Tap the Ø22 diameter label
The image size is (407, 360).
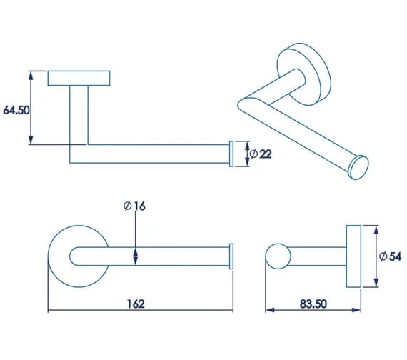pyautogui.click(x=261, y=154)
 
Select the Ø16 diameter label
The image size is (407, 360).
pyautogui.click(x=134, y=206)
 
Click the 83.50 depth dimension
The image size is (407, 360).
pyautogui.click(x=313, y=304)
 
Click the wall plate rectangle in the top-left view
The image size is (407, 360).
pyautogui.click(x=79, y=78)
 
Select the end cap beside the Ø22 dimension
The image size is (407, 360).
pyautogui.click(x=231, y=154)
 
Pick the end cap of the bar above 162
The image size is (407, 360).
pyautogui.click(x=231, y=256)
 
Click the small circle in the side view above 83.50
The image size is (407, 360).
pyautogui.click(x=276, y=256)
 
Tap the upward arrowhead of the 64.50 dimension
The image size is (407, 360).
pyautogui.click(x=31, y=74)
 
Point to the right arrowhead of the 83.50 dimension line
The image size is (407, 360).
pyautogui.click(x=357, y=311)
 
